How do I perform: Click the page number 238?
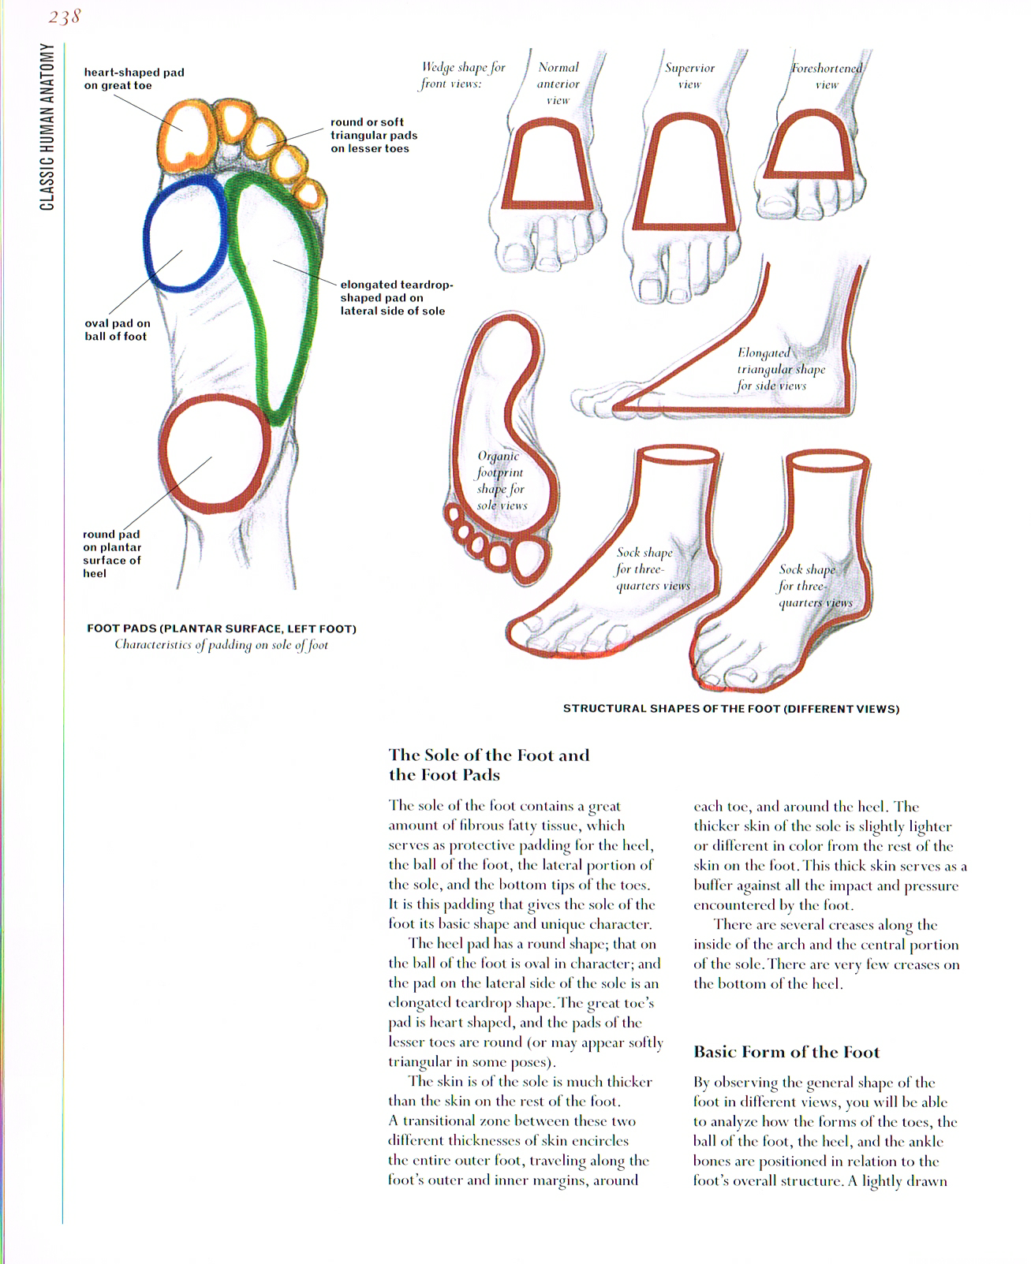(64, 17)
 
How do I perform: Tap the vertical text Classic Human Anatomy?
(47, 127)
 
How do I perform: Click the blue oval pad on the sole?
(185, 234)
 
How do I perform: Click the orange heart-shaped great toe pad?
(187, 137)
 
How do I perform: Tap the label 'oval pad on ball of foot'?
(117, 330)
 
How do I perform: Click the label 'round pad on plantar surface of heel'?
(111, 554)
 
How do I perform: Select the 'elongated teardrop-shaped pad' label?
(396, 298)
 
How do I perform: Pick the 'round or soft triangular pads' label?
(373, 135)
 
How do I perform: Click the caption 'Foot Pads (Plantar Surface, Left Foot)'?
(222, 628)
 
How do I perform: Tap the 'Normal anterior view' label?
(558, 84)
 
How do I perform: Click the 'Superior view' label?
(689, 76)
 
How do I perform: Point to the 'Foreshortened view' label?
(827, 76)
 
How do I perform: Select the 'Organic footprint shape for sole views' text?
(501, 480)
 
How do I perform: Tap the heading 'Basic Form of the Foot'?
(786, 1052)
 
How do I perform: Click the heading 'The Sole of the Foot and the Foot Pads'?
(489, 764)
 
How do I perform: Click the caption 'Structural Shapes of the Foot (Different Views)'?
(730, 709)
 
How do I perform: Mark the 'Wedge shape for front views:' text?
(462, 75)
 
